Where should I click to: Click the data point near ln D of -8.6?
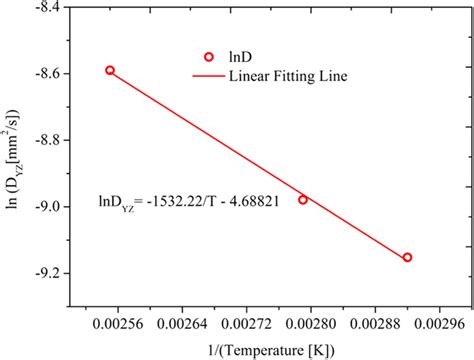[x=110, y=70]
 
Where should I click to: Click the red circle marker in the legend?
[x=209, y=57]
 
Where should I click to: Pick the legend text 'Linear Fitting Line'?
[x=289, y=76]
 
